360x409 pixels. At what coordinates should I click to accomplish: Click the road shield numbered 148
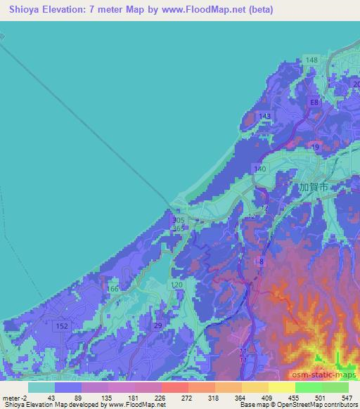(x=312, y=60)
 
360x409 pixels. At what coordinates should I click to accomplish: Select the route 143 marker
(x=264, y=116)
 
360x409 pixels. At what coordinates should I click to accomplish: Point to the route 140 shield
(x=260, y=169)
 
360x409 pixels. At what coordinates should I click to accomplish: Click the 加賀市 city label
(x=314, y=188)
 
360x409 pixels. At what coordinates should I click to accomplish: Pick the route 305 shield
(x=179, y=220)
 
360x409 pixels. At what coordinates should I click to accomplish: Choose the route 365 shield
(x=179, y=228)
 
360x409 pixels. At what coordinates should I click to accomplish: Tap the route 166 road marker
(x=112, y=289)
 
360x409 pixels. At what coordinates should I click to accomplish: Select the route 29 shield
(x=159, y=325)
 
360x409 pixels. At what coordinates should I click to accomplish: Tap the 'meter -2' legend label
(x=15, y=398)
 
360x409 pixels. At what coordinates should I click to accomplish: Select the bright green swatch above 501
(x=309, y=387)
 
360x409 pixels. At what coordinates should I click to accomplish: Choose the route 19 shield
(x=316, y=147)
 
